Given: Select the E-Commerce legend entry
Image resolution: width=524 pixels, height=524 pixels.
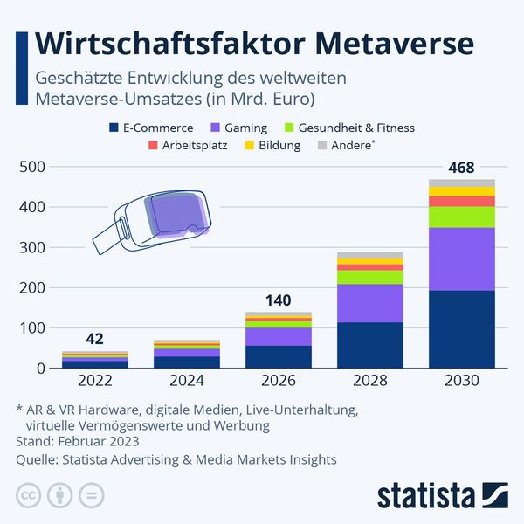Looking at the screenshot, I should pyautogui.click(x=156, y=128).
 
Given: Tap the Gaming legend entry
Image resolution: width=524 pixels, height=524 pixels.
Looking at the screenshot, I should pyautogui.click(x=245, y=128).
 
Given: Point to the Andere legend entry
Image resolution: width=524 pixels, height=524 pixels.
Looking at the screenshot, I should pyautogui.click(x=349, y=145).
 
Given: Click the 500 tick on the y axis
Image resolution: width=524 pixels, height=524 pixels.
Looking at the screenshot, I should pyautogui.click(x=31, y=167).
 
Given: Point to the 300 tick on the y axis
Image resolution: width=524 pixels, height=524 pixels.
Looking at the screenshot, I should pyautogui.click(x=31, y=247).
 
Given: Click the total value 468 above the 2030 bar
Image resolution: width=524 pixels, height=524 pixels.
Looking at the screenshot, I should pyautogui.click(x=462, y=167).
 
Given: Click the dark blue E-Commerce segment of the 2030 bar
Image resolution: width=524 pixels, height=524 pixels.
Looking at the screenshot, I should pyautogui.click(x=462, y=329).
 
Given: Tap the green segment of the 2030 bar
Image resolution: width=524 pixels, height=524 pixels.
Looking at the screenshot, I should pyautogui.click(x=462, y=217).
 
